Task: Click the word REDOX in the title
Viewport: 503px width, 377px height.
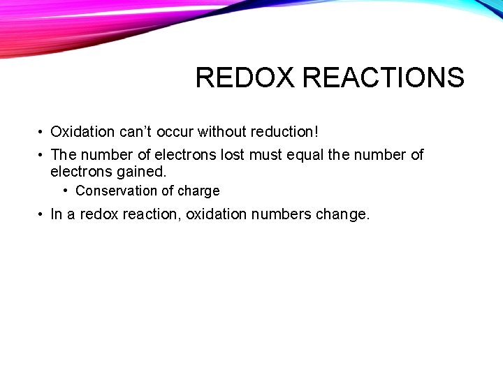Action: pos(245,77)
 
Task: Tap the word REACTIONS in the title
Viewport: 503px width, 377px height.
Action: pos(384,77)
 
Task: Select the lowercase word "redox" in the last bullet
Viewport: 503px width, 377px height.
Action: pos(99,214)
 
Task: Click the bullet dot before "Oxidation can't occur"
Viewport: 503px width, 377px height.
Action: pos(42,132)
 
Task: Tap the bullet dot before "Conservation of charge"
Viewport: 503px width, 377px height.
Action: pos(66,191)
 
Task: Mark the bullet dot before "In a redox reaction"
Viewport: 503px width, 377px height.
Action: pos(42,214)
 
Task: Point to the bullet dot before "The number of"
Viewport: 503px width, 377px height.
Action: pos(42,155)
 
